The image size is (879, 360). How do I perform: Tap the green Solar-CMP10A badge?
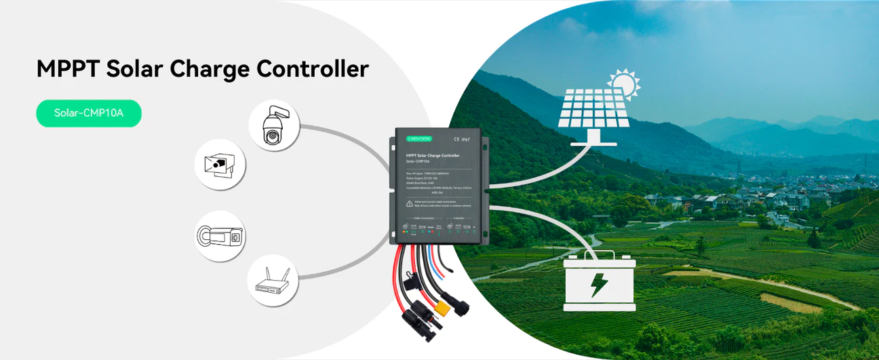point(89,113)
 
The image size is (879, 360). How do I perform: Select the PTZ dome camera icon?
point(274,126)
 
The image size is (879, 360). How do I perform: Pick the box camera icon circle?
point(220,164)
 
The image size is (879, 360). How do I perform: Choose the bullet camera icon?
point(220,237)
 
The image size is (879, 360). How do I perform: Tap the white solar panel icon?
point(591,111)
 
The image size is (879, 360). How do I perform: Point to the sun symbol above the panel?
point(623,84)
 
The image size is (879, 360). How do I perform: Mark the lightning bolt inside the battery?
point(599,285)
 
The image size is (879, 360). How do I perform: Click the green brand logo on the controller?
point(418,138)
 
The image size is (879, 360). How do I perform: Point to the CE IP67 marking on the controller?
point(461,139)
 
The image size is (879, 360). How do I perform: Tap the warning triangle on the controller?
point(410,203)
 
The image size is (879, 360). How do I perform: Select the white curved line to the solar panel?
point(536,178)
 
